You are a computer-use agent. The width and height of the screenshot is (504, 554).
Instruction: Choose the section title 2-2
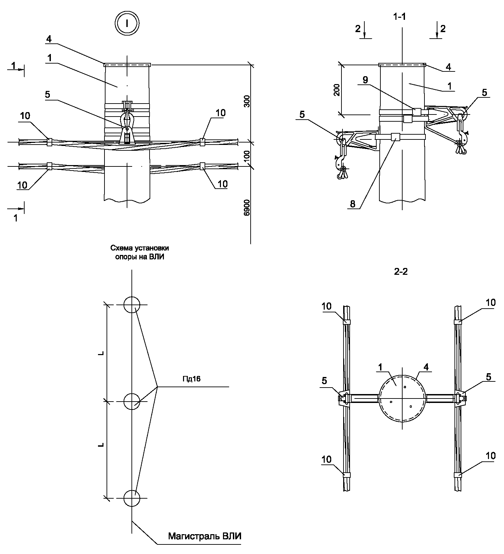click(401, 272)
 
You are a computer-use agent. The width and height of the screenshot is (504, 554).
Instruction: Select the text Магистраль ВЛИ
click(205, 536)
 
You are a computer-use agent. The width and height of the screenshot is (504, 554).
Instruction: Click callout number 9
click(365, 80)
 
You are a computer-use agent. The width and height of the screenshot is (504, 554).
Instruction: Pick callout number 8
click(352, 204)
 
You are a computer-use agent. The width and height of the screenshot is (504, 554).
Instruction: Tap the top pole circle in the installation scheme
click(131, 305)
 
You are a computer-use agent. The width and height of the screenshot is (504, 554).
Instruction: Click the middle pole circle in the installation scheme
click(131, 401)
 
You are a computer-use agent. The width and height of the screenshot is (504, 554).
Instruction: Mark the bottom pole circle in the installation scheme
click(131, 498)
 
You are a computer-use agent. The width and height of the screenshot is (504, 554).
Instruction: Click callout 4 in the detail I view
click(49, 39)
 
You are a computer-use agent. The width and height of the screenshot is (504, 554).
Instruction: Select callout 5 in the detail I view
click(47, 95)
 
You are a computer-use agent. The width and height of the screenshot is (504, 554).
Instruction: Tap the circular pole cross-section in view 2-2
click(402, 398)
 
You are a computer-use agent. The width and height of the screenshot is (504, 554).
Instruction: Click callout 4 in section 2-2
click(426, 367)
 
